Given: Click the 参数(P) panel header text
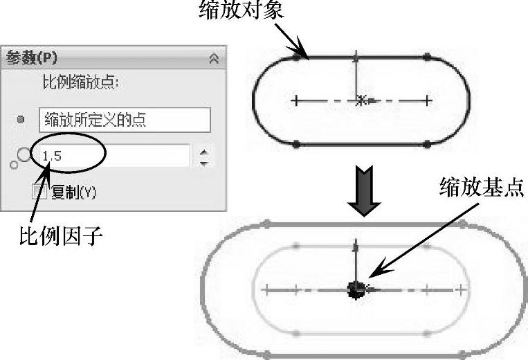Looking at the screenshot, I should click(x=31, y=58).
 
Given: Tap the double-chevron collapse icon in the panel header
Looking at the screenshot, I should click(x=214, y=59).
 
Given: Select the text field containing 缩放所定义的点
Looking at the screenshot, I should click(x=125, y=120).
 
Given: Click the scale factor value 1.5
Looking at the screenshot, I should click(x=53, y=156).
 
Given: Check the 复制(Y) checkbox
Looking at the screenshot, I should click(x=40, y=192).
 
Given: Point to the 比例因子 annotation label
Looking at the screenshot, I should click(x=61, y=237).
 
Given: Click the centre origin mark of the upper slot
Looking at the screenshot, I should click(x=361, y=100).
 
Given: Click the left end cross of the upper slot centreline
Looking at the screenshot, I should click(x=296, y=100).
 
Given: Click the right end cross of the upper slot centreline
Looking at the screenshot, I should click(x=428, y=100).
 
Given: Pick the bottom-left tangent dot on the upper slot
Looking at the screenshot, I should click(x=297, y=144).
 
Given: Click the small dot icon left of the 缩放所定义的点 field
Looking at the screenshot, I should click(x=21, y=120).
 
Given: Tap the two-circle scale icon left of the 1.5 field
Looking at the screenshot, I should click(x=21, y=158).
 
